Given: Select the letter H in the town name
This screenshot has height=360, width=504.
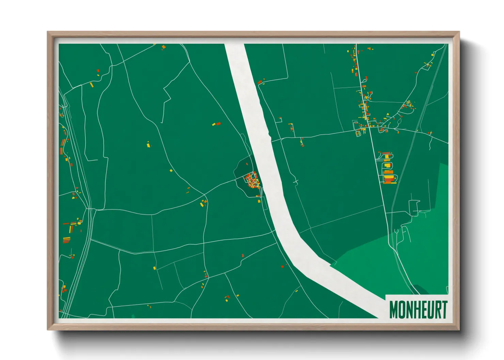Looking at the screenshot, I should coord(418,309).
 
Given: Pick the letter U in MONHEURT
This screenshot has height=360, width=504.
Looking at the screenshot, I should coord(430,309).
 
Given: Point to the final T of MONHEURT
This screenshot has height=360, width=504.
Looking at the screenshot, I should coord(444,309).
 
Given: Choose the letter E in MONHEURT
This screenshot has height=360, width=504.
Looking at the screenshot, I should coord(424,309).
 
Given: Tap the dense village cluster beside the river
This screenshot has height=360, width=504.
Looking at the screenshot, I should coord(252,180).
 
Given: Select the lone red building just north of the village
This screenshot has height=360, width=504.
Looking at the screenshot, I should coord(247,164).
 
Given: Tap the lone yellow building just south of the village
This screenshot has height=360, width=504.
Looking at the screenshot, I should coord(259,201).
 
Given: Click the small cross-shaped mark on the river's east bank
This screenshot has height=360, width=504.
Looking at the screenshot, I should coord(296,182).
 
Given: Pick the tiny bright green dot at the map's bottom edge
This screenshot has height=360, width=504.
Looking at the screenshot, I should coord(133,316).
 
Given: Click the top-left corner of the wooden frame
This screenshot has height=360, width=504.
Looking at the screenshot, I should coord(48,32).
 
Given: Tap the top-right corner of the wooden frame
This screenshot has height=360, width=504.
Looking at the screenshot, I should coord(459,32).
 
